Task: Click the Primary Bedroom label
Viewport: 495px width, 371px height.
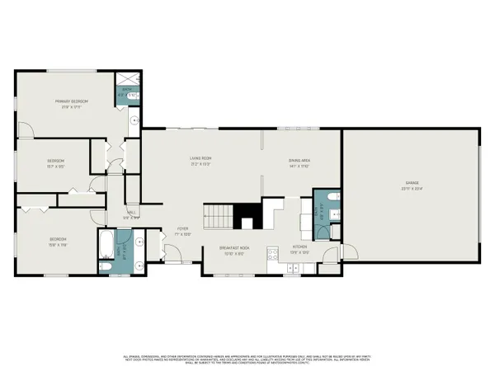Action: click(x=72, y=101)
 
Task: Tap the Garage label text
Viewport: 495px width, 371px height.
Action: click(x=408, y=184)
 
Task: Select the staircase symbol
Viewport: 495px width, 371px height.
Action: click(x=219, y=217)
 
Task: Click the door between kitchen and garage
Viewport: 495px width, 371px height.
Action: click(x=331, y=252)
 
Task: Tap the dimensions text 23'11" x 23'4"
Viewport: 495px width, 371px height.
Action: click(x=408, y=190)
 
